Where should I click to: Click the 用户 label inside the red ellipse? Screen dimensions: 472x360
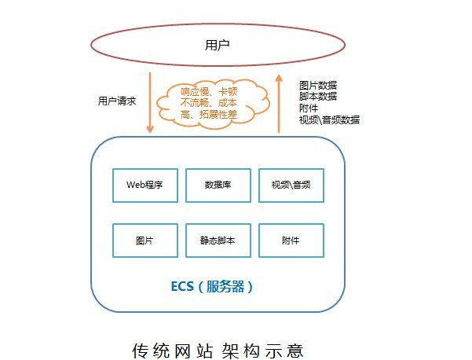(217, 45)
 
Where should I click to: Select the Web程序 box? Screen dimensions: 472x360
(145, 186)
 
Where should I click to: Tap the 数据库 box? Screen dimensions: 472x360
(218, 186)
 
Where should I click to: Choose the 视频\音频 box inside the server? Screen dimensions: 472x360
(291, 186)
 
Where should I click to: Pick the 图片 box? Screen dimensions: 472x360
(145, 241)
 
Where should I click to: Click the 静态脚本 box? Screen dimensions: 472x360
(218, 241)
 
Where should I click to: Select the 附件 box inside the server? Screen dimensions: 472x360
(291, 241)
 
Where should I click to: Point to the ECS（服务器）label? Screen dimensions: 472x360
(212, 286)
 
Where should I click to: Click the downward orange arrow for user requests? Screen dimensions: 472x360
(150, 102)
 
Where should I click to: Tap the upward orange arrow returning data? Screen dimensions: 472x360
(279, 103)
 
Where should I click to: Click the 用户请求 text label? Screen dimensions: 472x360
(117, 101)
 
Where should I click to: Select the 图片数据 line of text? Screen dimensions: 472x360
(318, 85)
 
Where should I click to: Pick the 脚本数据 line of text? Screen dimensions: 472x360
(318, 97)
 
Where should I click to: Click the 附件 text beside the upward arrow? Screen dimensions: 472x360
(309, 108)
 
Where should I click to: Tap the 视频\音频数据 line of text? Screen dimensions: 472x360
(329, 120)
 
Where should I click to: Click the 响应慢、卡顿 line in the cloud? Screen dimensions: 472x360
(209, 92)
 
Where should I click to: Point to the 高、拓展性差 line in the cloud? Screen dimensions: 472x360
(209, 115)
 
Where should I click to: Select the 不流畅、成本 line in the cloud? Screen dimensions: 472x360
(209, 103)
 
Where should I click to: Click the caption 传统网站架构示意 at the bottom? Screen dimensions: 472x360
(218, 351)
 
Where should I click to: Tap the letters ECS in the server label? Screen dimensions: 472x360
(182, 286)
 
